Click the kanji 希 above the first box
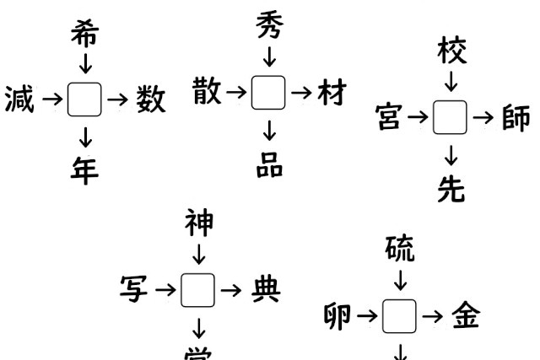click(x=84, y=34)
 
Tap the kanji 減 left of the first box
click(x=19, y=100)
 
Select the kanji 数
click(x=150, y=100)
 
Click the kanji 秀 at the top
click(x=269, y=27)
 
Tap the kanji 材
click(x=331, y=92)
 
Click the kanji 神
click(x=199, y=224)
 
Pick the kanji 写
click(x=136, y=291)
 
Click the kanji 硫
click(x=400, y=250)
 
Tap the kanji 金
click(x=465, y=317)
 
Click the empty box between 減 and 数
click(x=84, y=100)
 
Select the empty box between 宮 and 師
click(x=451, y=119)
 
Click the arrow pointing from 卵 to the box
click(x=366, y=317)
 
